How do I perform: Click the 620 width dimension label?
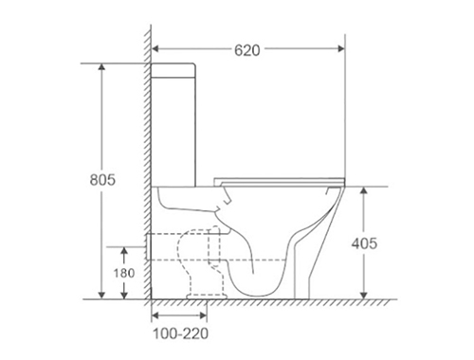click(x=247, y=50)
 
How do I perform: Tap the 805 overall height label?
click(x=102, y=180)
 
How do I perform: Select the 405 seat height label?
click(x=364, y=243)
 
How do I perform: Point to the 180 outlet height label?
click(x=124, y=273)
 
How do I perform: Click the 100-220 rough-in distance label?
click(x=181, y=333)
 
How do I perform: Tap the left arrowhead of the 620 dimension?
click(x=155, y=48)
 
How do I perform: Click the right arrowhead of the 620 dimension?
click(x=341, y=48)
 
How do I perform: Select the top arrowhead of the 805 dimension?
click(x=101, y=67)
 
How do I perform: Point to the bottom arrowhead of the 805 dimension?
click(x=101, y=296)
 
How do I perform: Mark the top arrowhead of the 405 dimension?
click(x=364, y=190)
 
